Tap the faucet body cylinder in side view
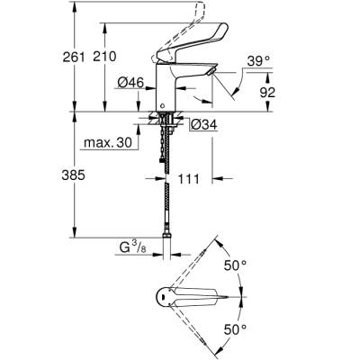point(166,95)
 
